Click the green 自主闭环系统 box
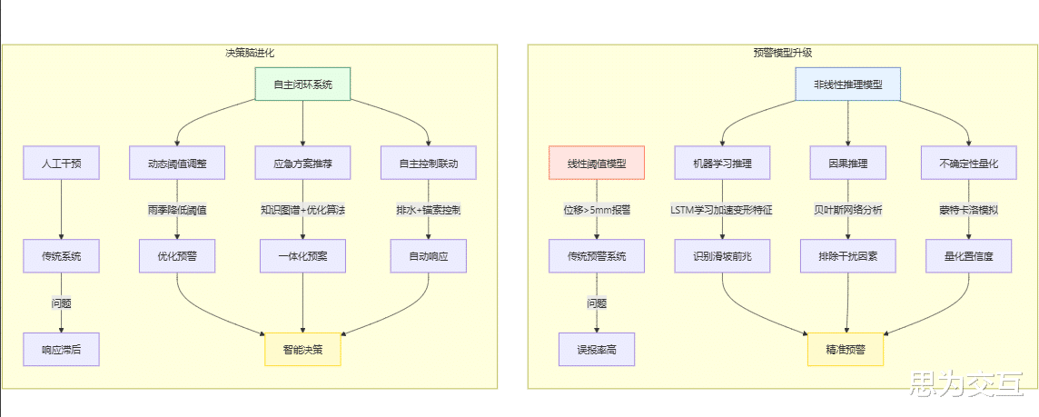pos(302,84)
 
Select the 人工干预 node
pos(61,164)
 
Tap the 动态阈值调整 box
pos(177,164)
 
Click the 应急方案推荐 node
pos(302,164)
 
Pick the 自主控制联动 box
pos(428,164)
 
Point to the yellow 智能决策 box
pos(302,349)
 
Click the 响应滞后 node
pos(61,349)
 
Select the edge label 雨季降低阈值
pos(177,210)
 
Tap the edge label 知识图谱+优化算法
pos(302,210)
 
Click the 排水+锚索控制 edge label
pos(428,210)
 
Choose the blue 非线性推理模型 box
pos(847,84)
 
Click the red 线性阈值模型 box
pos(597,164)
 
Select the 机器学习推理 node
pos(722,164)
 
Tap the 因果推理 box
pos(847,164)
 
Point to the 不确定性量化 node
pos(968,164)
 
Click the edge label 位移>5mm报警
pos(597,210)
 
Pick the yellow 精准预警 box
pos(846,349)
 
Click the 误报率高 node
pos(597,349)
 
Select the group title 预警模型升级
pos(782,54)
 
